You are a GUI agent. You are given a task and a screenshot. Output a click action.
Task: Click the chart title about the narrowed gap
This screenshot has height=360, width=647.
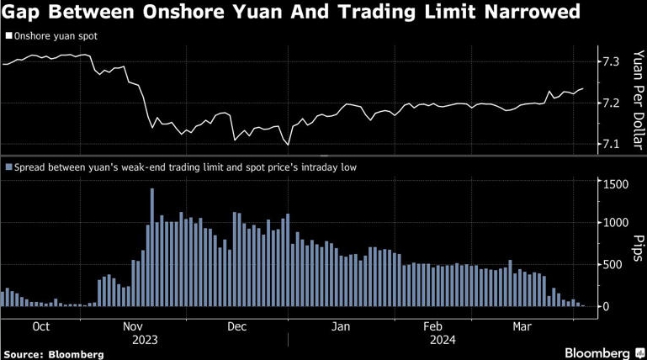click(x=291, y=13)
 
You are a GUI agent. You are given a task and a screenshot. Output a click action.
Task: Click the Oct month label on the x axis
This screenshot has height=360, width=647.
click(x=41, y=326)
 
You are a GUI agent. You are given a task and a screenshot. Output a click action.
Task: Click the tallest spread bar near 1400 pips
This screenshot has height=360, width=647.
click(x=151, y=249)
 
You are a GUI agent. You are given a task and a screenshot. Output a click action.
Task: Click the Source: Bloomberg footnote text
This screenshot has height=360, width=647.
click(x=54, y=354)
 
